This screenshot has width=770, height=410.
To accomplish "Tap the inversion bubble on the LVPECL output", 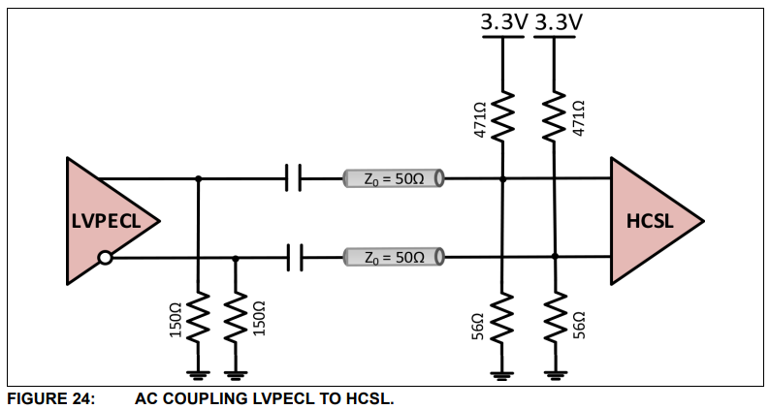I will pos(105,258).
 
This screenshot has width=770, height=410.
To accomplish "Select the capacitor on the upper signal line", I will pos(295,178).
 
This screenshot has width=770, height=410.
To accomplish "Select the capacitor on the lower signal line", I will pos(295,257).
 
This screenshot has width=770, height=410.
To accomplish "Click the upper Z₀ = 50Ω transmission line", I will pos(393,178).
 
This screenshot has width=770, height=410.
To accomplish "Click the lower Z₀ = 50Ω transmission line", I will pos(393,257).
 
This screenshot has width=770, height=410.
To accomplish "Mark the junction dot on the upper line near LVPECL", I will pos(198,178).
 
